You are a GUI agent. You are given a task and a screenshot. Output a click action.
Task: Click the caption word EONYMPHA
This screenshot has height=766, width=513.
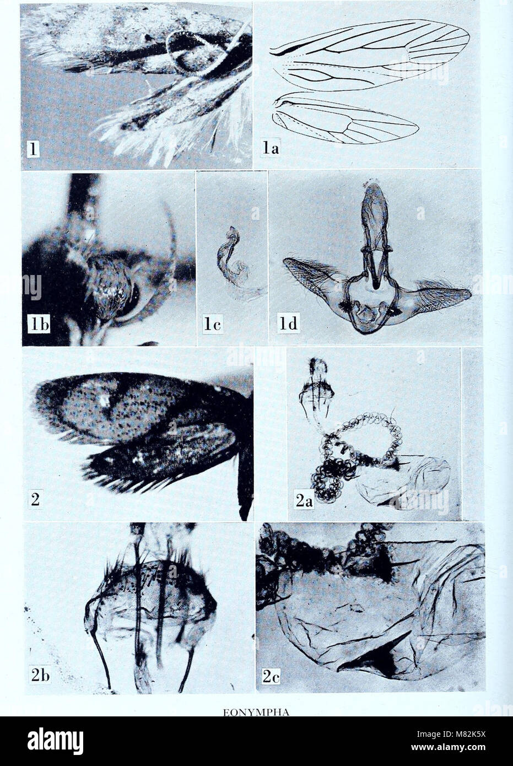click(x=256, y=711)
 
